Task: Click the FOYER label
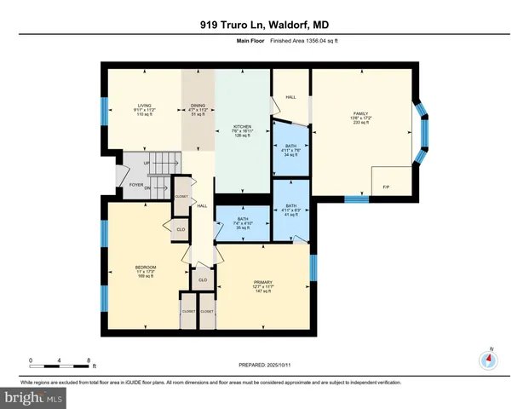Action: coord(135,182)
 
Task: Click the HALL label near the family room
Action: coord(290,96)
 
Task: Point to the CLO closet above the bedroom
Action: coord(180,229)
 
